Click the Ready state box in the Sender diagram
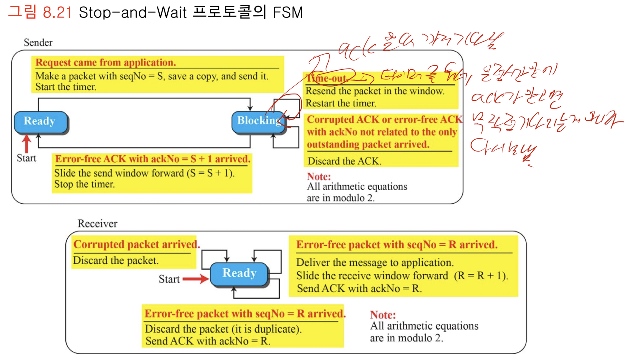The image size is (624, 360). coord(40,121)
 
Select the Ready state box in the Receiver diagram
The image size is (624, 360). coord(239,273)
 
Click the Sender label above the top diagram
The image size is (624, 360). coord(38,43)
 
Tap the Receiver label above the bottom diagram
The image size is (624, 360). coord(97,224)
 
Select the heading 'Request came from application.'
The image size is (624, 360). coord(106,62)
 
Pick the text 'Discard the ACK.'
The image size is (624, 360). coord(344,161)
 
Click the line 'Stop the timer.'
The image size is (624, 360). coord(84,184)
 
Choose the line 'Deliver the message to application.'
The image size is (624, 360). coord(375,262)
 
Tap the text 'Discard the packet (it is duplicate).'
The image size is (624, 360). coord(223,329)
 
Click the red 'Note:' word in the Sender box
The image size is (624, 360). coord(319,176)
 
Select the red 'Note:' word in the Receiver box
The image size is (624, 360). coord(383,315)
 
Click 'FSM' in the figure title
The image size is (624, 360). coord(288,13)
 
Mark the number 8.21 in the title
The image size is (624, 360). coord(57,13)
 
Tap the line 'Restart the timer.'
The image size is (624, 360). coord(341,103)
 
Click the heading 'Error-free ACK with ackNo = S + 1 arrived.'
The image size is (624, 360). coord(153,159)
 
